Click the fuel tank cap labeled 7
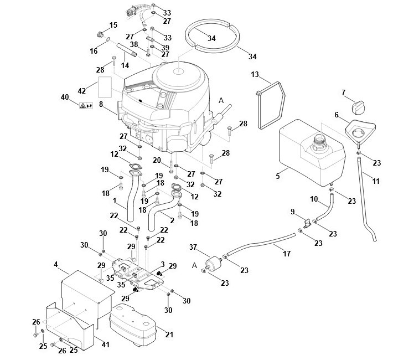pyautogui.click(x=359, y=107)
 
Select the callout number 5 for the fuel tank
pyautogui.click(x=277, y=176)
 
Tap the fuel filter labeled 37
pyautogui.click(x=213, y=264)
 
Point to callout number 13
pyautogui.click(x=255, y=75)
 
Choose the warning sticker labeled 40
pyautogui.click(x=86, y=106)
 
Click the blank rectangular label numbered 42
pyautogui.click(x=105, y=87)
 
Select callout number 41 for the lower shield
pyautogui.click(x=105, y=344)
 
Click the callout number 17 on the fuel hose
pyautogui.click(x=287, y=254)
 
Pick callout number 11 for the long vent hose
pyautogui.click(x=376, y=181)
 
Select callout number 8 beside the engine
pyautogui.click(x=101, y=104)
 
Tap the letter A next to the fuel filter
pyautogui.click(x=194, y=265)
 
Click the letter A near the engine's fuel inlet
pyautogui.click(x=221, y=100)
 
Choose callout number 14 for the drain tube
pyautogui.click(x=125, y=65)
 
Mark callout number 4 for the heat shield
pyautogui.click(x=55, y=264)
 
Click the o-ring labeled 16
pyautogui.click(x=108, y=40)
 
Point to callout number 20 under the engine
pyautogui.click(x=157, y=160)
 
